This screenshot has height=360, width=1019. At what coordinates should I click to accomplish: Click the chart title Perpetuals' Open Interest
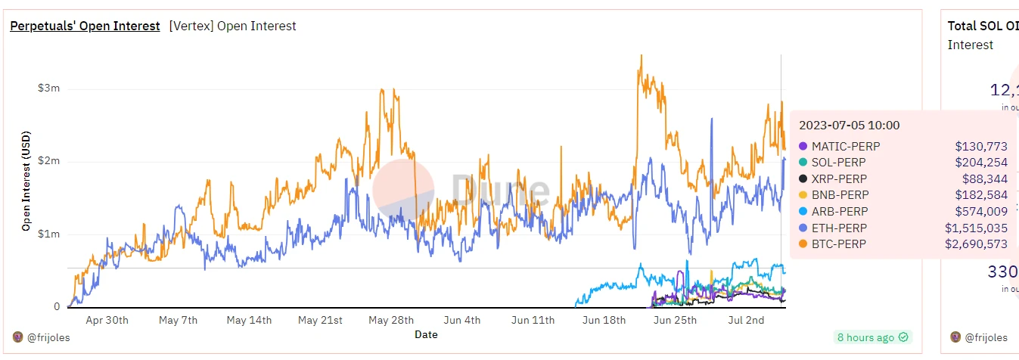tap(85, 26)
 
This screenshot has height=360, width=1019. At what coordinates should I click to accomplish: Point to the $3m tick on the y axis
tap(48, 88)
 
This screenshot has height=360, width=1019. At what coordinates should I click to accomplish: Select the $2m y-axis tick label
tap(48, 161)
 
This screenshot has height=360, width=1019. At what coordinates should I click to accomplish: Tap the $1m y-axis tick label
tap(48, 234)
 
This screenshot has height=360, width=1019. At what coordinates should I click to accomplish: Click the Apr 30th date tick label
tap(107, 321)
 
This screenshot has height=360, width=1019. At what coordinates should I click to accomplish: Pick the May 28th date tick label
tap(391, 321)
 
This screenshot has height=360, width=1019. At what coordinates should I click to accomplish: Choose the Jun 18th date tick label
tap(604, 321)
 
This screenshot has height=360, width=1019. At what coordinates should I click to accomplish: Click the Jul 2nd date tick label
tap(745, 321)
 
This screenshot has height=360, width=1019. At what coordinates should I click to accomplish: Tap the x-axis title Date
tap(426, 334)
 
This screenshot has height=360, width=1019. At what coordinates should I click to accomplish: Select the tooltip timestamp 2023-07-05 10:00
tap(850, 126)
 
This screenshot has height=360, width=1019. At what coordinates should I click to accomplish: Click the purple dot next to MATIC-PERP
tap(803, 146)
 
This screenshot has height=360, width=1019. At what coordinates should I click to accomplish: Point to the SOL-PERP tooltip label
tap(839, 163)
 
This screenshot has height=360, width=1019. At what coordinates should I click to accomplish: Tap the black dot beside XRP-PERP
tap(803, 179)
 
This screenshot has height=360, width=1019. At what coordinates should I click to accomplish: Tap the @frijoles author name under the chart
tap(48, 338)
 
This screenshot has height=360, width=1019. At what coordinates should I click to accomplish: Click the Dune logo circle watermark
tap(403, 190)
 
